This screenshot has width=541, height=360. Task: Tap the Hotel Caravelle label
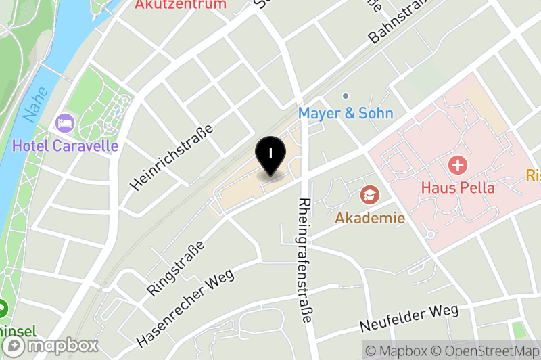click(65, 145)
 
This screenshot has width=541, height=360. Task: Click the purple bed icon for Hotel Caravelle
click(65, 123)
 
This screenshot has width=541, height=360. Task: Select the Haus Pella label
click(458, 187)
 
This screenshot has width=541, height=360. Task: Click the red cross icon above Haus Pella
click(458, 164)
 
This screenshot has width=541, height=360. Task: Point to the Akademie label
click(370, 218)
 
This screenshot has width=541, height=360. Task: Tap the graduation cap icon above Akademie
click(370, 196)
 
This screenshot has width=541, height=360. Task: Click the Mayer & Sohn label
click(346, 113)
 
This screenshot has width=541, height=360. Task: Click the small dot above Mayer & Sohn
click(346, 96)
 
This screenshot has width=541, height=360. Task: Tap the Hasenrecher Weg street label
click(185, 308)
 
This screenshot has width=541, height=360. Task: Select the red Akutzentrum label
click(180, 5)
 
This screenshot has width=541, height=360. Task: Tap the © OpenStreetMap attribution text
click(488, 351)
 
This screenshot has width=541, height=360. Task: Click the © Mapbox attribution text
click(397, 351)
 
